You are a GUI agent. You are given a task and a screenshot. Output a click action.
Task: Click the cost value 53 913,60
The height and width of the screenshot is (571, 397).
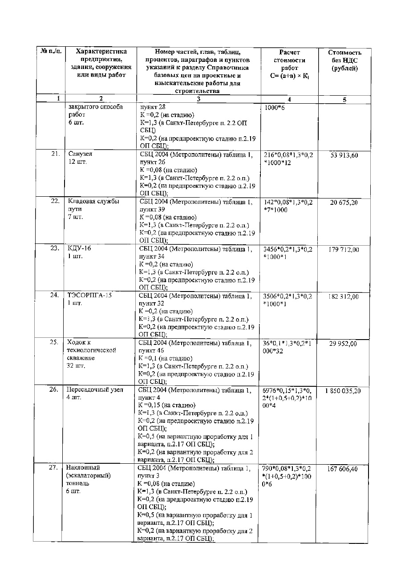click(343, 155)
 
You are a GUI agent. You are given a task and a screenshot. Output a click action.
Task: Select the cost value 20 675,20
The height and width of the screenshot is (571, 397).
click(343, 202)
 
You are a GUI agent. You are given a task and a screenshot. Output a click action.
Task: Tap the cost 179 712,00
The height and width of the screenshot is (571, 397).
click(343, 250)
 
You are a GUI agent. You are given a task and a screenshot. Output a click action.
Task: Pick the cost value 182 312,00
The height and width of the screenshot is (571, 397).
click(343, 297)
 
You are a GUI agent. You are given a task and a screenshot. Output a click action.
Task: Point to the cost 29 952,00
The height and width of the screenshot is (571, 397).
click(343, 344)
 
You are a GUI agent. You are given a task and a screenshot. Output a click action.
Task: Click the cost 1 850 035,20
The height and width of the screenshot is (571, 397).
click(343, 391)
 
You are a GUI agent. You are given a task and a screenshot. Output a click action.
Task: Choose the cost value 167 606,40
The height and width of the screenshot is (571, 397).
click(343, 469)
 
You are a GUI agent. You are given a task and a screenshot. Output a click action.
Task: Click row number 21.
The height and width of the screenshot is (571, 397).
click(55, 154)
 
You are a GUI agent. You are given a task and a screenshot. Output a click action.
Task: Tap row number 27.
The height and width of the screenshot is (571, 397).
click(55, 468)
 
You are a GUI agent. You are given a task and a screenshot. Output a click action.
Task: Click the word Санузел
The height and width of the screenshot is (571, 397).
click(81, 154)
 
